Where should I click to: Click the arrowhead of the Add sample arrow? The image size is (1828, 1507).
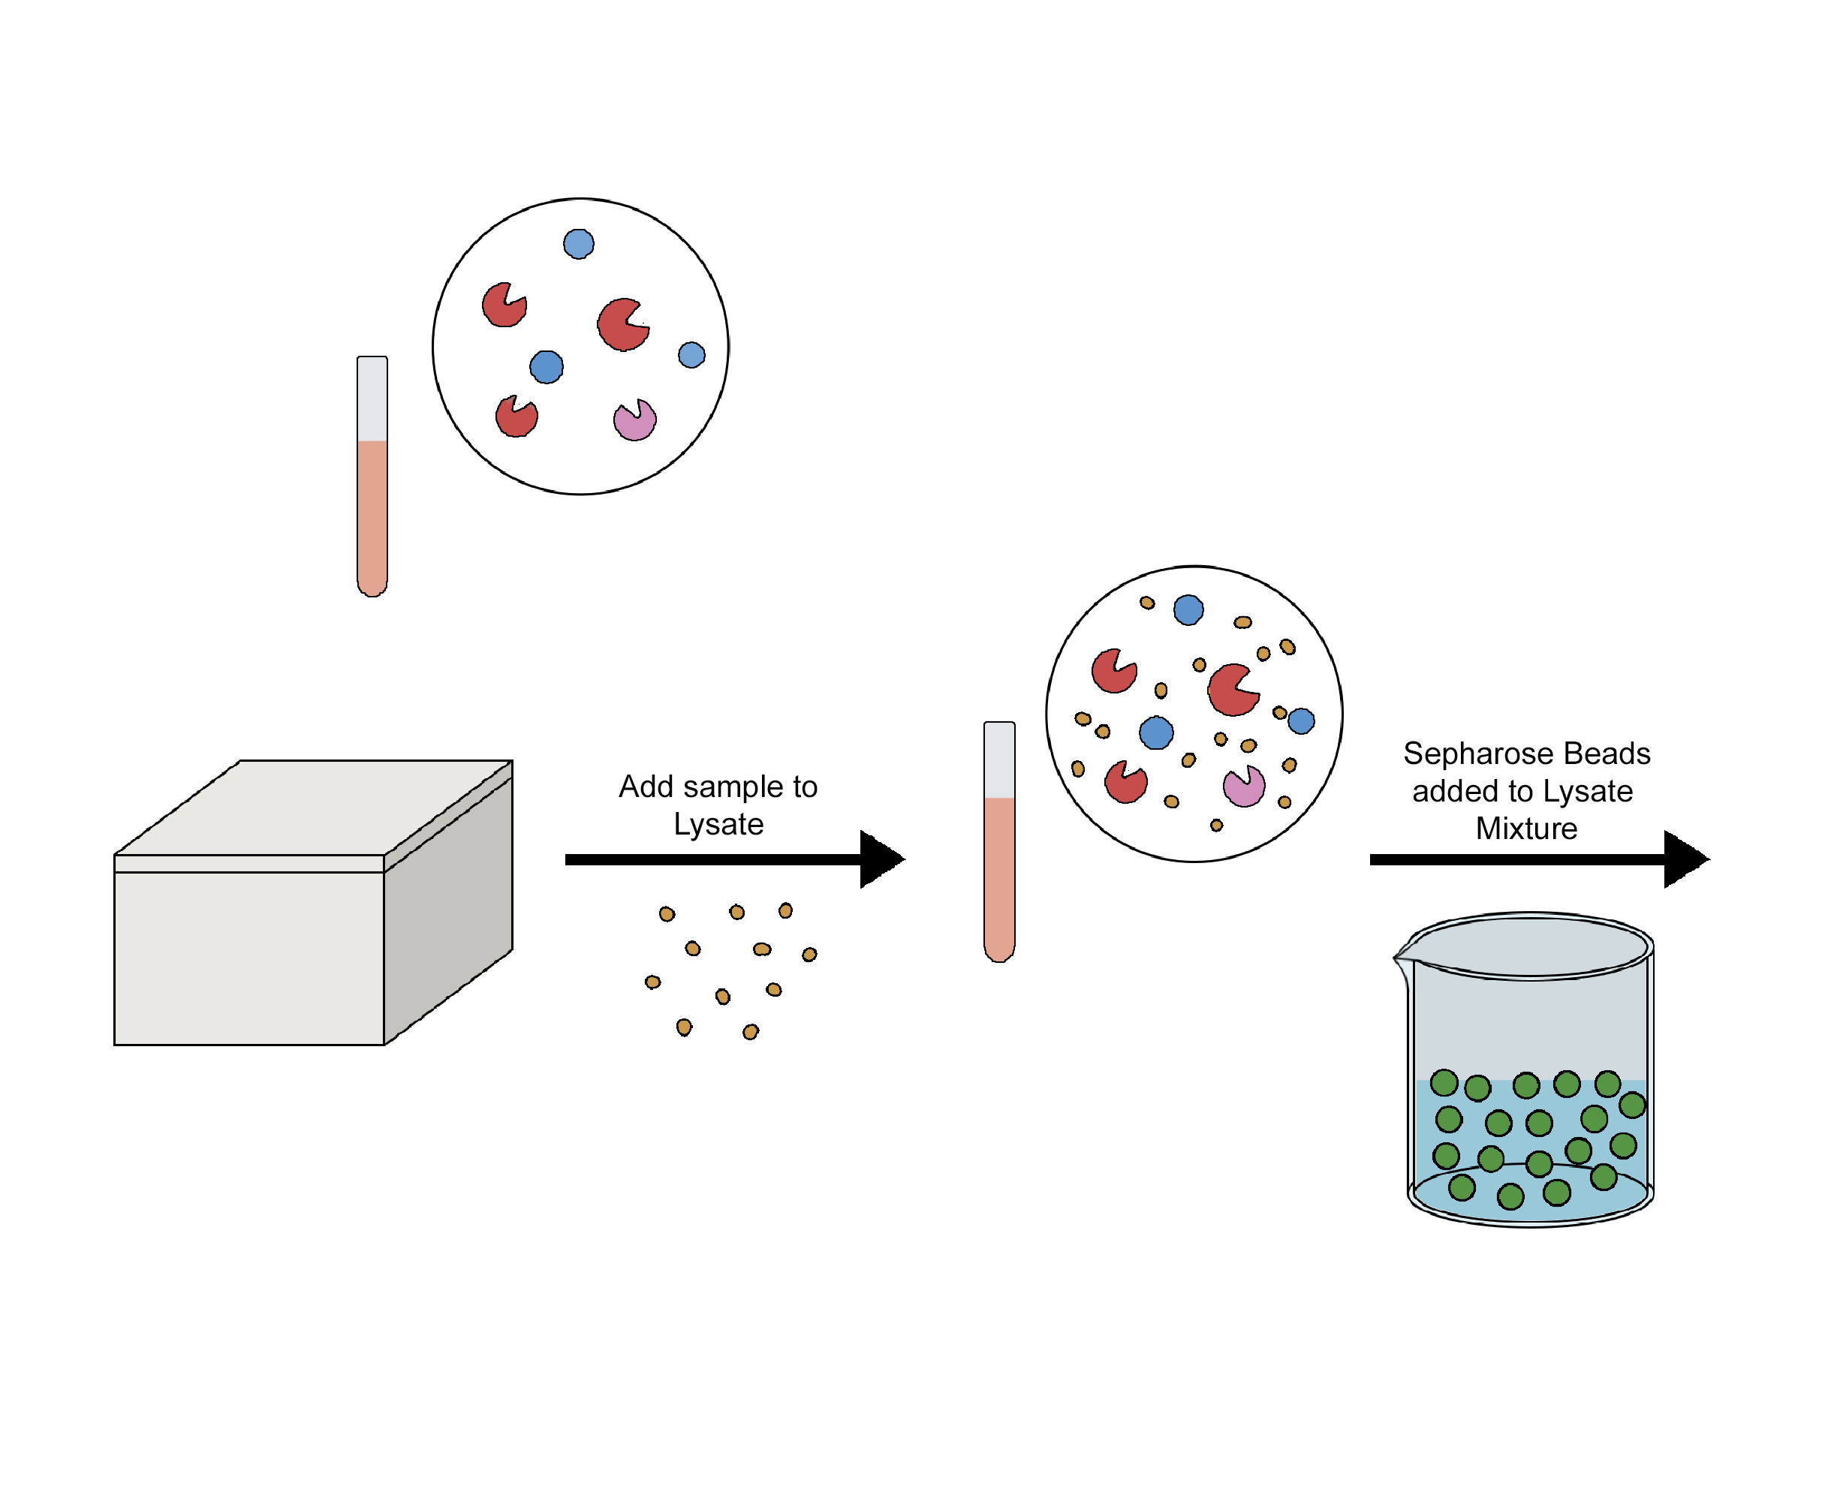[879, 859]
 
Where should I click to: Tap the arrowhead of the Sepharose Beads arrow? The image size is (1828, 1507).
[1682, 859]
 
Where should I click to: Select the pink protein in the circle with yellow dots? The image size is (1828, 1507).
[1242, 787]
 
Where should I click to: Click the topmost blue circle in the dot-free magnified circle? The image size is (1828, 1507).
[578, 244]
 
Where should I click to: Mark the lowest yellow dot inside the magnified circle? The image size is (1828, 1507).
[1215, 825]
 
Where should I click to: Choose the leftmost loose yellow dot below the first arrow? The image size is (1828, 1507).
[652, 982]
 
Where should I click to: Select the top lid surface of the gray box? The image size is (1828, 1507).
[312, 808]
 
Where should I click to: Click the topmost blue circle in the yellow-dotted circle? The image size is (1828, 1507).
[1188, 609]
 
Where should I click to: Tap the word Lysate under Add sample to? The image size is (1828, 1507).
[718, 824]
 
